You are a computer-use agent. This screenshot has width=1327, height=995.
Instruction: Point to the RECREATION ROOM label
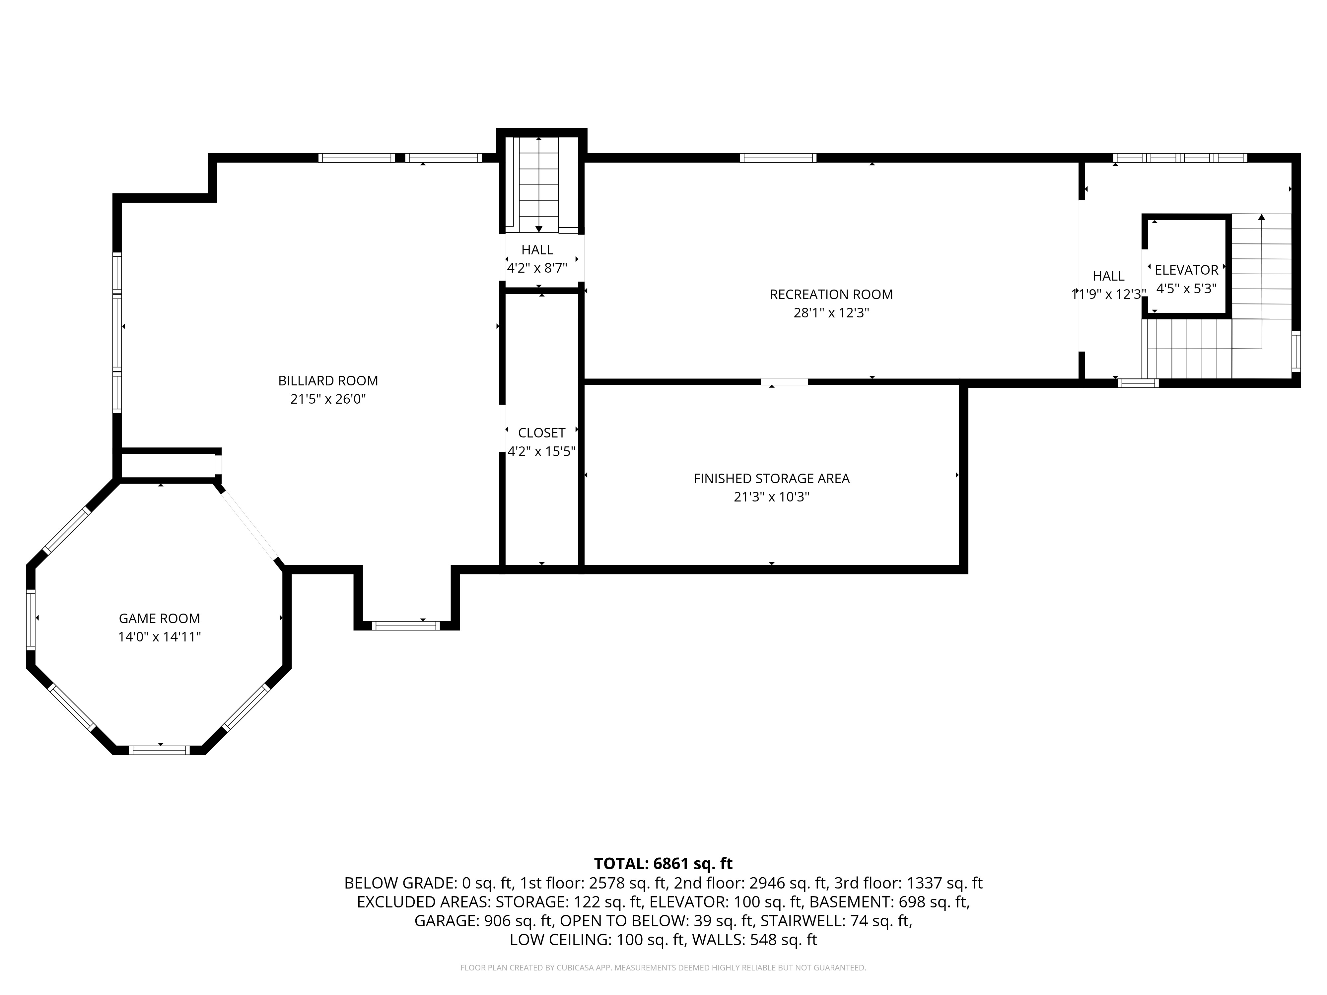click(x=831, y=295)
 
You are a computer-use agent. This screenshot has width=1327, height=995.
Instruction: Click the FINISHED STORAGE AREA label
click(x=771, y=479)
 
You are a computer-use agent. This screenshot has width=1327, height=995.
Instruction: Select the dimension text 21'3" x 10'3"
click(x=771, y=497)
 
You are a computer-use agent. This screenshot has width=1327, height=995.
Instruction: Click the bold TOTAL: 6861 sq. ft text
click(x=663, y=864)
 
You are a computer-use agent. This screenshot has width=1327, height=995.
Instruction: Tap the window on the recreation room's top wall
click(x=778, y=158)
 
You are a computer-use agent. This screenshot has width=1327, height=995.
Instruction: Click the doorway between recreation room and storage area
click(x=784, y=381)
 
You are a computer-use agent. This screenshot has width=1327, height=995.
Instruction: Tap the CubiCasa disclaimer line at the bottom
click(x=663, y=967)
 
